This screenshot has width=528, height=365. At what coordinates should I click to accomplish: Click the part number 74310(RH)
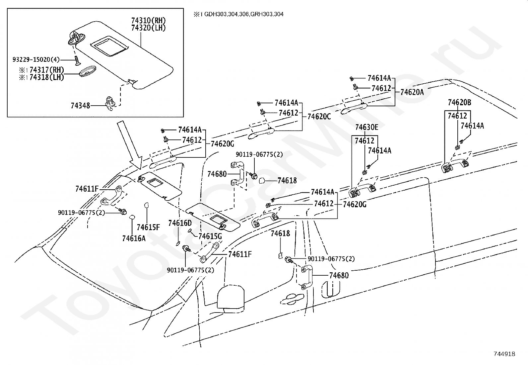pos(149,21)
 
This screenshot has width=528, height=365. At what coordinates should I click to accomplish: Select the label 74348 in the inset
pos(80,106)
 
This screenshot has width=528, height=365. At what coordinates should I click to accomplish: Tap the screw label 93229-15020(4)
pos(36,59)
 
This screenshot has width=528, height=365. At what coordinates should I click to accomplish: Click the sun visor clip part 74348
pos(110,103)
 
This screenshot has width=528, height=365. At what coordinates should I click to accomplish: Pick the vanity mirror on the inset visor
pos(109,46)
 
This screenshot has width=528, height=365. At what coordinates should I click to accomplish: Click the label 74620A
pos(412,92)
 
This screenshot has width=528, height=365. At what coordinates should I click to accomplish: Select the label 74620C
pos(319,117)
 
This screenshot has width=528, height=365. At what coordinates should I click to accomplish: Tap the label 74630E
pos(367,127)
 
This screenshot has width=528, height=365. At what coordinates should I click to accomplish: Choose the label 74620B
pos(459,103)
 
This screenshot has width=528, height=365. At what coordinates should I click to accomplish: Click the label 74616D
pos(180,223)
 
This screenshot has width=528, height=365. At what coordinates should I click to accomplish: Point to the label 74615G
pos(210,236)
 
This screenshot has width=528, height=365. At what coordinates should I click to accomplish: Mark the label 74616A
pos(134,238)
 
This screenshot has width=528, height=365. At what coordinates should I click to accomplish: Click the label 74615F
pos(148,228)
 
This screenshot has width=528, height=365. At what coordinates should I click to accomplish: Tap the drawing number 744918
pos(504,354)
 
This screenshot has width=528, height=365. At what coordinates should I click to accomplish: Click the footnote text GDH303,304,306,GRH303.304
pos(244,14)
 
